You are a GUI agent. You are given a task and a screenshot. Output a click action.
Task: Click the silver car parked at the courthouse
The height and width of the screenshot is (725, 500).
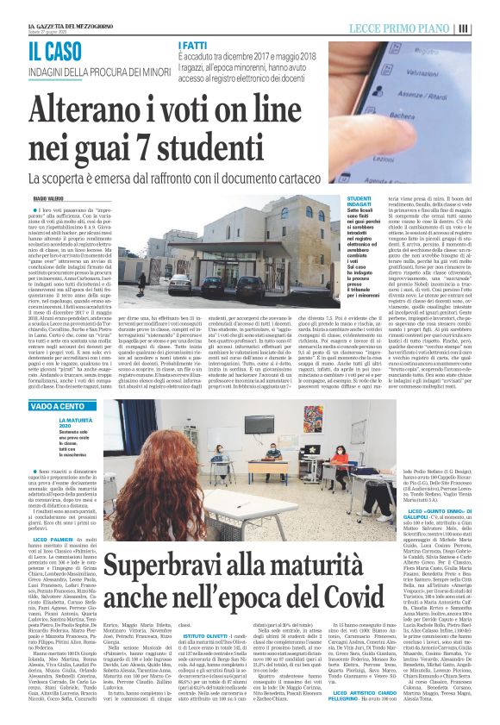225,284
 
